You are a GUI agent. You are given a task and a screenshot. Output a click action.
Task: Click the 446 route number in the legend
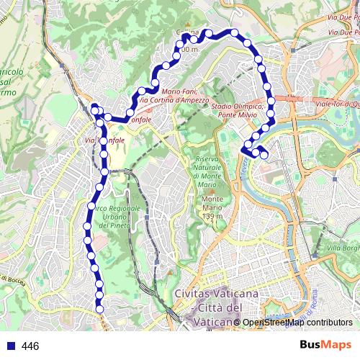pos(30,346)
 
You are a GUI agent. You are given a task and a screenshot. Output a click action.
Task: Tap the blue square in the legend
pos(11,346)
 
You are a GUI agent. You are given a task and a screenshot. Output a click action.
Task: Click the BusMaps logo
pos(325,346)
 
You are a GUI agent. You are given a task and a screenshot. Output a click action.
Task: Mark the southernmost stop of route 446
pos(100,309)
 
